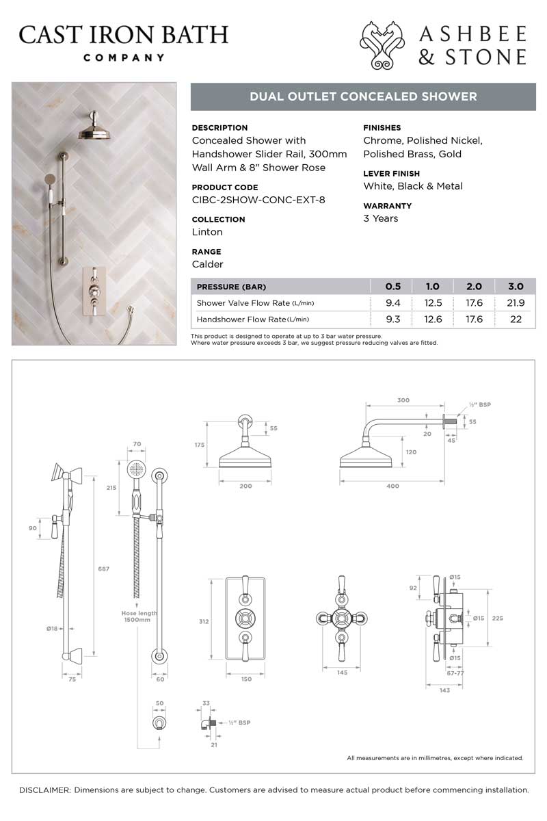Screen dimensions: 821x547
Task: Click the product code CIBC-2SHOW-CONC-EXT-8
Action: tap(258, 200)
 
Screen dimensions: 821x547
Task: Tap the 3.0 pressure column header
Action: tap(516, 287)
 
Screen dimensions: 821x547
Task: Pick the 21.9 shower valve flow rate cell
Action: tap(516, 303)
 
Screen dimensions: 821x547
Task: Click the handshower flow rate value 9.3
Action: tap(392, 320)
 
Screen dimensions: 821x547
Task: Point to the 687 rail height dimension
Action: tap(103, 568)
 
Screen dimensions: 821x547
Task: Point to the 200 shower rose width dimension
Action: tap(245, 486)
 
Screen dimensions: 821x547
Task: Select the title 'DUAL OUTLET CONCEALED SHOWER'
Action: tap(363, 96)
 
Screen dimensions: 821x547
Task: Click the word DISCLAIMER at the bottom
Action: tap(45, 790)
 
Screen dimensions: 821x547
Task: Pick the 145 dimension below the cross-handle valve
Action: tap(343, 673)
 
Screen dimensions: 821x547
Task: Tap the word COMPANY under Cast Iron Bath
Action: tap(124, 57)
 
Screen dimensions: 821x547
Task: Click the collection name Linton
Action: tap(207, 232)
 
